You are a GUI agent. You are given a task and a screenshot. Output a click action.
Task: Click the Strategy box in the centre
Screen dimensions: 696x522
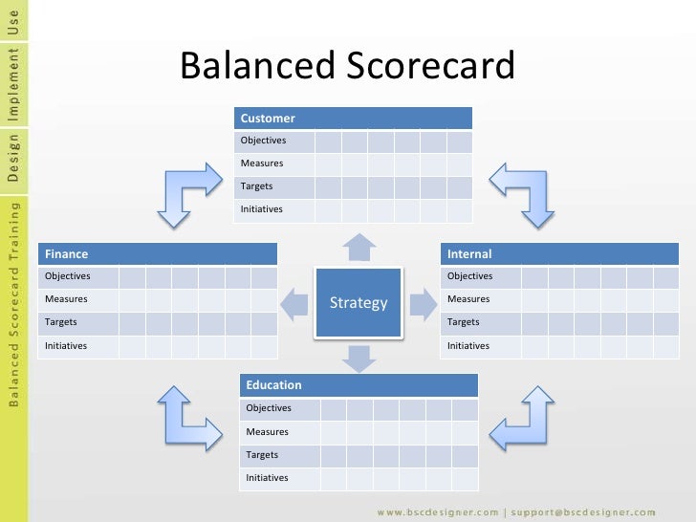point(359,303)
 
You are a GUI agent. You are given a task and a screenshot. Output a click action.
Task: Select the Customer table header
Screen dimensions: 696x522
point(353,119)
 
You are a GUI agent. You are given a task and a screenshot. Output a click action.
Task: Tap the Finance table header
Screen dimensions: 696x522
point(158,254)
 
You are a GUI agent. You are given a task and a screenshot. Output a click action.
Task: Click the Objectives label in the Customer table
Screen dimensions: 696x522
point(263,141)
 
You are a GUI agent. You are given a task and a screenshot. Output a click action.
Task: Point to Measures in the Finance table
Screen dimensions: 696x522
point(66,299)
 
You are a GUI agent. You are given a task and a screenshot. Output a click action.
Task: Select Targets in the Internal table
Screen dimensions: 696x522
point(464,322)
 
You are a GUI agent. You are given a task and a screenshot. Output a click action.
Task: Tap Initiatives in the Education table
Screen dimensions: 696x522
point(269,477)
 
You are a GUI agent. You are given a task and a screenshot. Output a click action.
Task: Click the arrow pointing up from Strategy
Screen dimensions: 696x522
point(359,247)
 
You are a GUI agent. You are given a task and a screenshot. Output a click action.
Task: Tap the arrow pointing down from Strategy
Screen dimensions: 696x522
point(359,358)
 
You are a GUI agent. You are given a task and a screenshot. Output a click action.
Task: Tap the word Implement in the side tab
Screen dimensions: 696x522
point(12,83)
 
